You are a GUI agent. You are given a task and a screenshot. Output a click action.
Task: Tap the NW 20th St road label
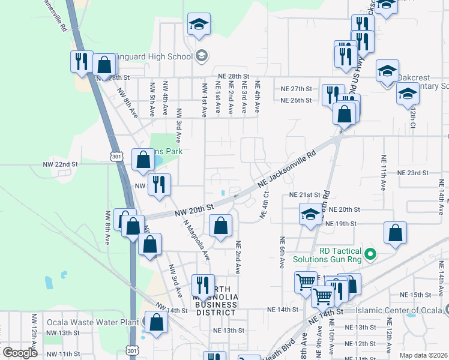pos(194,210)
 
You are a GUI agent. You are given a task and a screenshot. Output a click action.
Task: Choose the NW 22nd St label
pos(60,164)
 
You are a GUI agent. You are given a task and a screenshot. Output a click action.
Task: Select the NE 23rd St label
pos(413,172)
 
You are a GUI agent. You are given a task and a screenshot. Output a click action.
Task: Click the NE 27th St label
pos(297,88)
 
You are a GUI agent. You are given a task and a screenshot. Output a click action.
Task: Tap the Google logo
pos(20,353)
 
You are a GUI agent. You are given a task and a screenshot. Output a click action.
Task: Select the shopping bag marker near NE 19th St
pos(395,234)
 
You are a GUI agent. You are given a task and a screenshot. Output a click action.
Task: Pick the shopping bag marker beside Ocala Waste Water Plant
pos(156,322)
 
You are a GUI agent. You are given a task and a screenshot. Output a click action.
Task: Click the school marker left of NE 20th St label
pos(310,215)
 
